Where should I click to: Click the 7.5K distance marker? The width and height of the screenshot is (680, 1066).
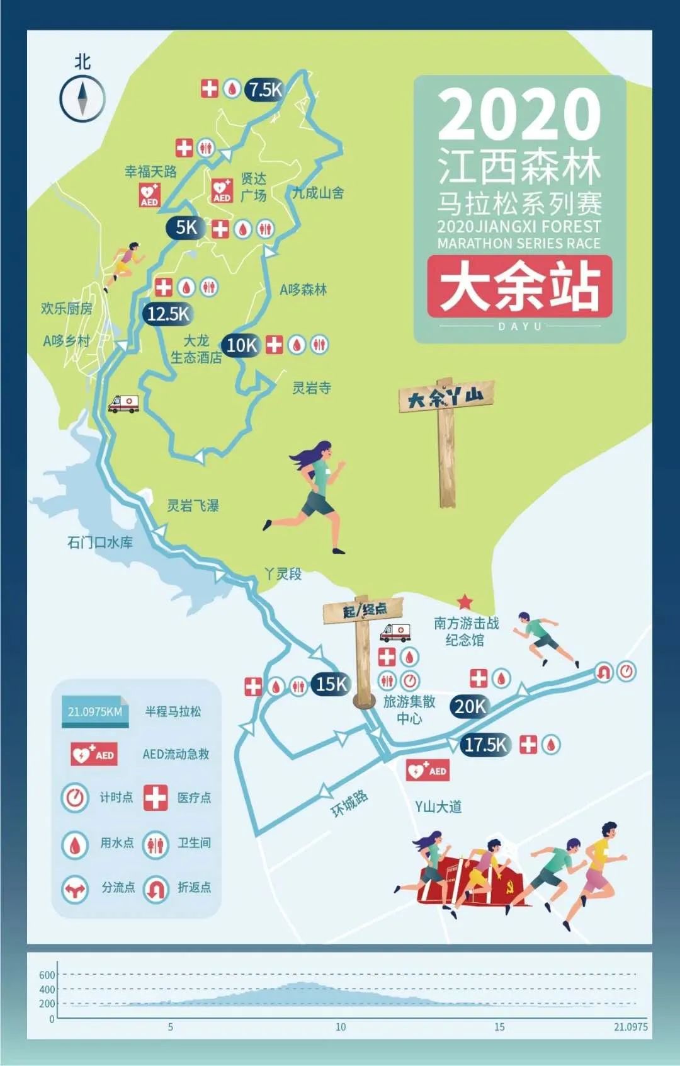coord(264,89)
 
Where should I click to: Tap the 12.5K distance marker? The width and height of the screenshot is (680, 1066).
coord(167,313)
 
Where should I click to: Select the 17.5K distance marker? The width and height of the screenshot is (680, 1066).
coord(485,745)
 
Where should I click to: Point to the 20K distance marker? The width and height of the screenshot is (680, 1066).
coord(470,706)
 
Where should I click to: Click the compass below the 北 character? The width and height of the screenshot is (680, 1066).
coord(82,98)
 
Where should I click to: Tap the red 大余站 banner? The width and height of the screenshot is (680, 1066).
coord(519,286)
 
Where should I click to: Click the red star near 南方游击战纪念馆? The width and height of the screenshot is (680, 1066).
coord(465,601)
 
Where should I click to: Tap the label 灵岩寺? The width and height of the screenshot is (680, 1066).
coord(312,387)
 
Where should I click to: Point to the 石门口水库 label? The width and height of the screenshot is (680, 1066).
coord(100,542)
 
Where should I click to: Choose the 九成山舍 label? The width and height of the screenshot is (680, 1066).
coord(318,193)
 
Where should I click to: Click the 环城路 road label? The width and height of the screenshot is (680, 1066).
coord(349,804)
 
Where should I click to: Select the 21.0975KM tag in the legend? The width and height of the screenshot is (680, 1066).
coord(96,712)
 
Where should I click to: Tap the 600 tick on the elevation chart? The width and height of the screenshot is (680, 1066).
coord(47,975)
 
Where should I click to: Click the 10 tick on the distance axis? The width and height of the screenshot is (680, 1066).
coord(341,1027)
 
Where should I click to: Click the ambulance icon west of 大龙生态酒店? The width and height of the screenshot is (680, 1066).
coord(123,403)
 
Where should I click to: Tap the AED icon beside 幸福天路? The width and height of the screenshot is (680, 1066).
coord(149,194)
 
